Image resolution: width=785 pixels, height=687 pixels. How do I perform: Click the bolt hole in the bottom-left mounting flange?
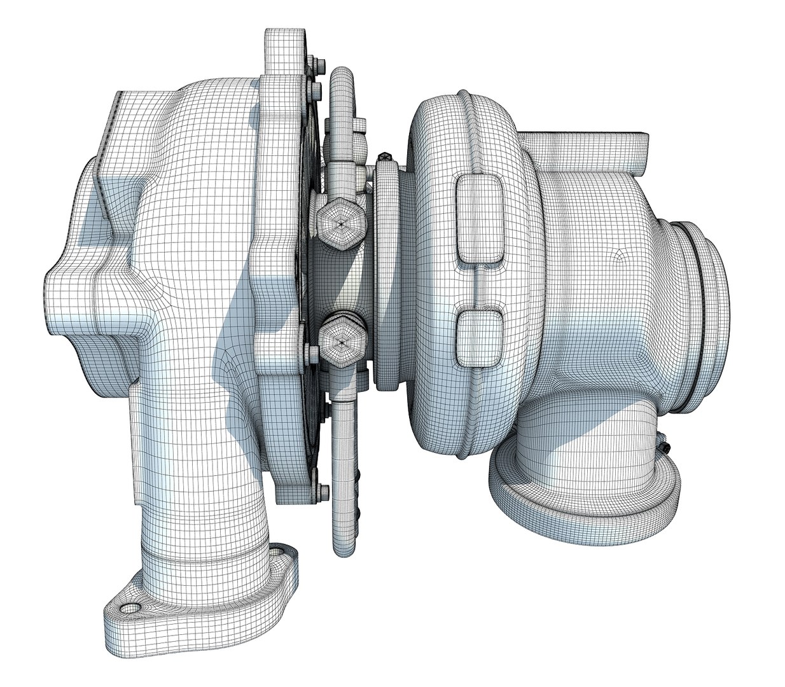[x=130, y=607]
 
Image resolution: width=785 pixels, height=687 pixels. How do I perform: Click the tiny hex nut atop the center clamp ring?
[x=384, y=156]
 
